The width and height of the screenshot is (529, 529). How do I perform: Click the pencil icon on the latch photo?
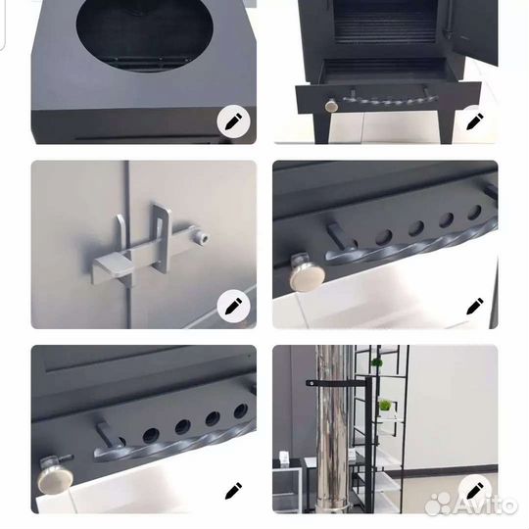point(233,306)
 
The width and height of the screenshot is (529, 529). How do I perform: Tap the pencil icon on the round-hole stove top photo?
point(233,121)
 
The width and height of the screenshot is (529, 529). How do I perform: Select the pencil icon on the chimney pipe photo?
point(475,491)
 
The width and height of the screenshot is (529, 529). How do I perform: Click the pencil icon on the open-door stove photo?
point(475,121)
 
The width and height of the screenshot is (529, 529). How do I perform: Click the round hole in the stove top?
point(144,33)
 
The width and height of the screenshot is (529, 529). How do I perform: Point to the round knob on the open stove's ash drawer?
point(331,106)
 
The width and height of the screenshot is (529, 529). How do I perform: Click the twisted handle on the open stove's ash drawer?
point(390,100)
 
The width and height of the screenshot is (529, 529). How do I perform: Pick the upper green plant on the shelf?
point(376,363)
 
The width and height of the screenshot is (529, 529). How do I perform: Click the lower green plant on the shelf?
point(385,405)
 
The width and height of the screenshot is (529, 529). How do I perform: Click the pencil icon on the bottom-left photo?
point(233,491)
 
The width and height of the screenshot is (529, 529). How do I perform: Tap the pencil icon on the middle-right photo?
point(475,306)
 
